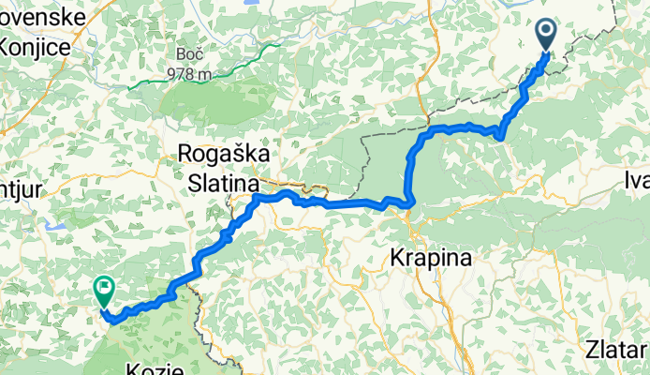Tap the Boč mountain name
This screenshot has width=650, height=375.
tap(187, 54)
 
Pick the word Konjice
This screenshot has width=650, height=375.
tap(34, 47)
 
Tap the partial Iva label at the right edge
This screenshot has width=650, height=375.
tap(637, 180)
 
